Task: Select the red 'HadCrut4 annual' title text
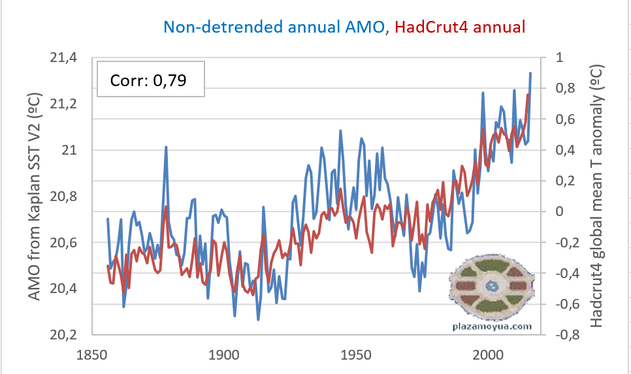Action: point(461,27)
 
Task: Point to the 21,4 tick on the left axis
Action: point(64,58)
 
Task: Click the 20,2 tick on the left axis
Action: point(64,335)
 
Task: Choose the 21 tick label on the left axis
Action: point(71,150)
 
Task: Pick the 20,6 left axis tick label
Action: point(64,243)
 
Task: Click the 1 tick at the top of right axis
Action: point(559,57)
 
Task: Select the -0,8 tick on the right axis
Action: point(566,335)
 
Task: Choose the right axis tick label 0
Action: point(559,211)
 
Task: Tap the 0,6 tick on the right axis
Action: point(566,119)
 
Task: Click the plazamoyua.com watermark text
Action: point(491,326)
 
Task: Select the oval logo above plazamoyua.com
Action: point(491,287)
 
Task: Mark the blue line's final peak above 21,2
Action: point(530,73)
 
